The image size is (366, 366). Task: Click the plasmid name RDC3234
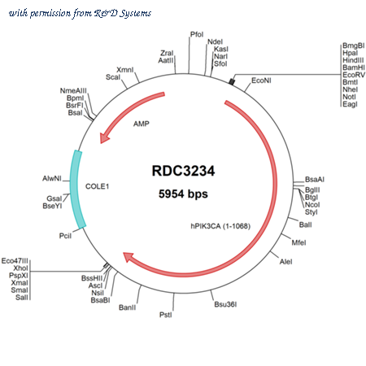point(183,171)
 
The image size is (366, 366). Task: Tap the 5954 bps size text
point(183,194)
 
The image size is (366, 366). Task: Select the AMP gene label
point(142,124)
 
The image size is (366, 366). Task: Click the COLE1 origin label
point(97,186)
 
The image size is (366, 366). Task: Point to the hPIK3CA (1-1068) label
point(220,226)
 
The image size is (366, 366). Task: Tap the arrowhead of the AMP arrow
point(104,137)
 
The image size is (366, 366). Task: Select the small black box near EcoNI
point(232,81)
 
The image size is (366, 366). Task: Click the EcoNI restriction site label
point(261,81)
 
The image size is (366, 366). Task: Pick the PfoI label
point(197,34)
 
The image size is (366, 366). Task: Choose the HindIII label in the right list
point(353,60)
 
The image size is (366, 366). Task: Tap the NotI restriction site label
point(349,97)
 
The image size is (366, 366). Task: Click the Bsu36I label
point(225,304)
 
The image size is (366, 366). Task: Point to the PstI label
point(165,315)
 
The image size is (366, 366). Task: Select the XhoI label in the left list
point(20,268)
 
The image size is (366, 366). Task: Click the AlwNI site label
point(52,178)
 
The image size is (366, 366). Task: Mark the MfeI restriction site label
point(298,242)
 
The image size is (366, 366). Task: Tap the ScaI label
point(113,77)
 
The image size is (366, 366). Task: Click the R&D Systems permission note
point(80,13)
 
